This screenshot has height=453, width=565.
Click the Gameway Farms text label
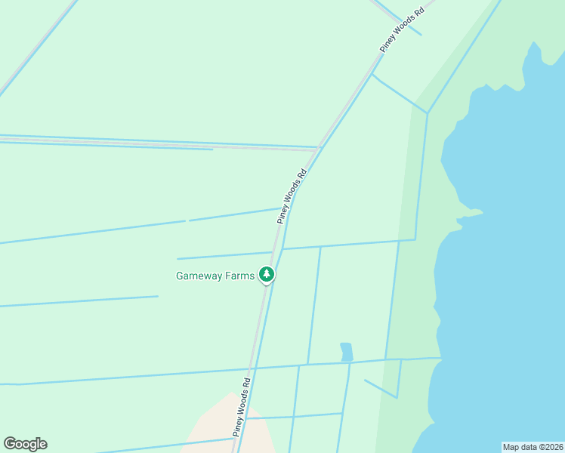pos(215,276)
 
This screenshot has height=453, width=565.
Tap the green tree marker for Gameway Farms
pos(266,274)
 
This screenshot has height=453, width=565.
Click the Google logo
pos(25,444)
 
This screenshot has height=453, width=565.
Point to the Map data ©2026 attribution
pos(533,446)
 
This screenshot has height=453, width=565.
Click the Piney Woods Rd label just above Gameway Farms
pos(292,196)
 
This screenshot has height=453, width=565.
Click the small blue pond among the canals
pos(346,352)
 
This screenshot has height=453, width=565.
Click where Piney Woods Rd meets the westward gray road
pos(316,149)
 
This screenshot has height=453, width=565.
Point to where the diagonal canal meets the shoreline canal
pos(428,113)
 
